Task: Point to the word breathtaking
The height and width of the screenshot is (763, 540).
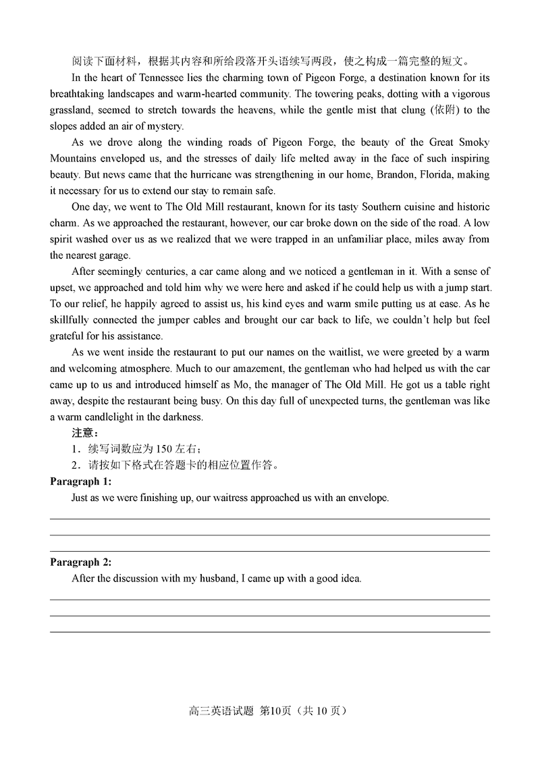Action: point(80,94)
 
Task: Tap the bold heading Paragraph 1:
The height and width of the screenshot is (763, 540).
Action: point(81,482)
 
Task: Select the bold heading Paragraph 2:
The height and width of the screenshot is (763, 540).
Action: point(81,562)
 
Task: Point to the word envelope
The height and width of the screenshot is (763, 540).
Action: point(367,498)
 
